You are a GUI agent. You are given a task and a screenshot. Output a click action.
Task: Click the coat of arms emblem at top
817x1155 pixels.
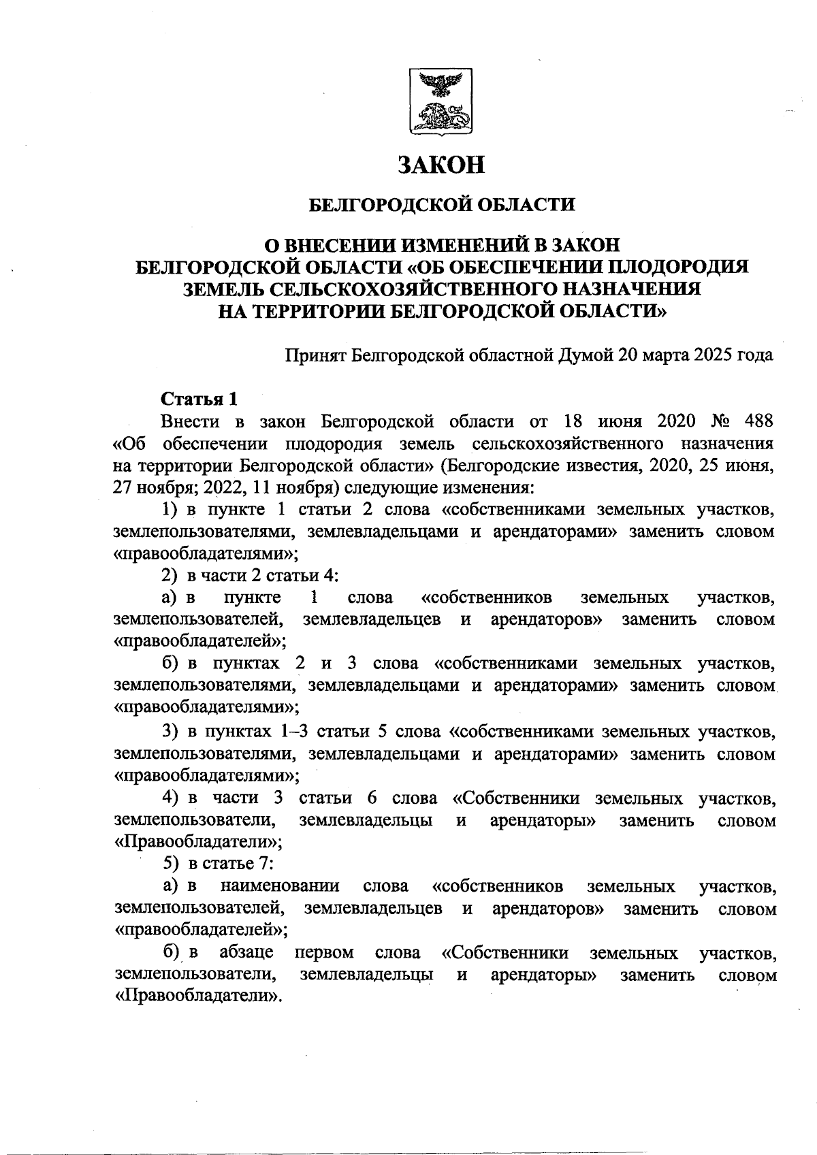point(440,101)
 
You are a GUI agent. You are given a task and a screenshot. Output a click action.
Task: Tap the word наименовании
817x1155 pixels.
point(280,886)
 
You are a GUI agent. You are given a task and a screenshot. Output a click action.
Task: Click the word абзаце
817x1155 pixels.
point(246,952)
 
